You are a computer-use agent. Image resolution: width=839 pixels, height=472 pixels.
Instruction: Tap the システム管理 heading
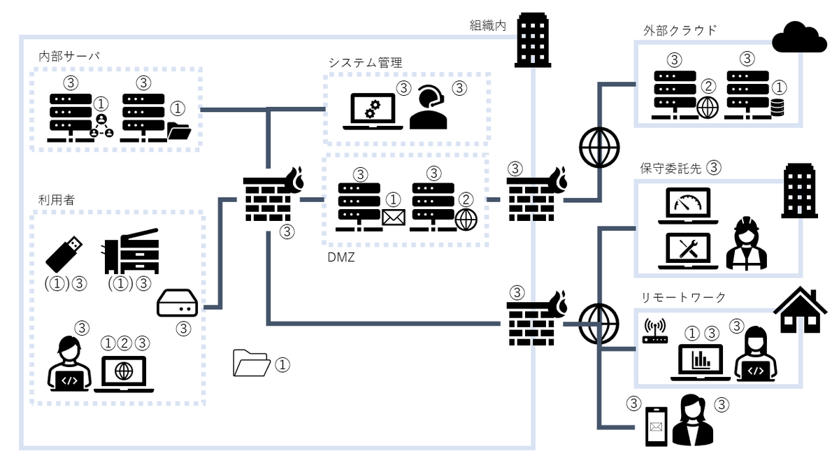click(365, 62)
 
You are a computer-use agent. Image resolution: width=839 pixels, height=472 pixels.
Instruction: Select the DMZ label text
click(340, 257)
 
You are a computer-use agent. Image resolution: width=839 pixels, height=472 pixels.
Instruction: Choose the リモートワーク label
click(683, 297)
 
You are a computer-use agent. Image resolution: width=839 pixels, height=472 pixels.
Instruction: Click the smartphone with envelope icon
click(657, 426)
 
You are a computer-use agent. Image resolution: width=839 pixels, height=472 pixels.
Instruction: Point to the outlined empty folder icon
click(251, 363)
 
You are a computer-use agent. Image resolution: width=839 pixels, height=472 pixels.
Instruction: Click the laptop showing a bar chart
click(700, 362)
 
